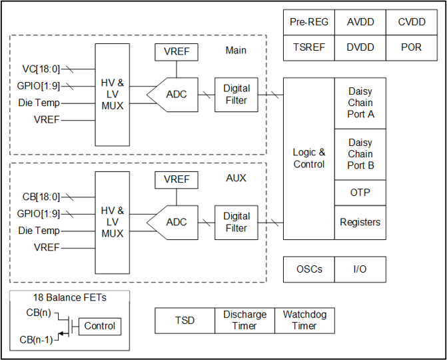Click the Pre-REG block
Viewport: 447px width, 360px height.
click(308, 23)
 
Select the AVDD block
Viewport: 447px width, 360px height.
click(360, 23)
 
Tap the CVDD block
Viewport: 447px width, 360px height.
click(412, 23)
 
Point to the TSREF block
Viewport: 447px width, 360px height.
click(308, 48)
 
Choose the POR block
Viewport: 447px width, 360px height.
click(412, 48)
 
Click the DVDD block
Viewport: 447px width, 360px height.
click(360, 48)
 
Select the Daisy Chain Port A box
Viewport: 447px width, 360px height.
click(360, 103)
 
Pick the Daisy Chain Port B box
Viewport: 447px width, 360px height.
click(360, 154)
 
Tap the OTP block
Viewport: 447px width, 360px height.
click(360, 193)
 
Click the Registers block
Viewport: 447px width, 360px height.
click(360, 223)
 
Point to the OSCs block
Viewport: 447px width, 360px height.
click(309, 269)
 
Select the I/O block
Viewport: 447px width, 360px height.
click(360, 269)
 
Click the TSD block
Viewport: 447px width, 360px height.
click(185, 321)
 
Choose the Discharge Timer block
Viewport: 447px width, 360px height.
click(244, 321)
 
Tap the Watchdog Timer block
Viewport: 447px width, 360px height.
click(304, 321)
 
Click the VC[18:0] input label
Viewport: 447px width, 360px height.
click(41, 69)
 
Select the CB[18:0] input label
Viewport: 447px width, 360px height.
click(41, 197)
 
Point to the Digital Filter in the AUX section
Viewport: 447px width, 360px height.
click(236, 223)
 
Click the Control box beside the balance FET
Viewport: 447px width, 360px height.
click(100, 326)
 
